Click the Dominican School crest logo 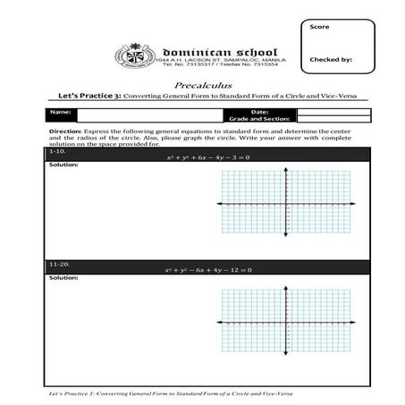(135, 55)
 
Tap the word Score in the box (319, 27)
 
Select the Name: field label (60, 112)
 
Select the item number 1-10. (58, 152)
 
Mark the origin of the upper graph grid (287, 205)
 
